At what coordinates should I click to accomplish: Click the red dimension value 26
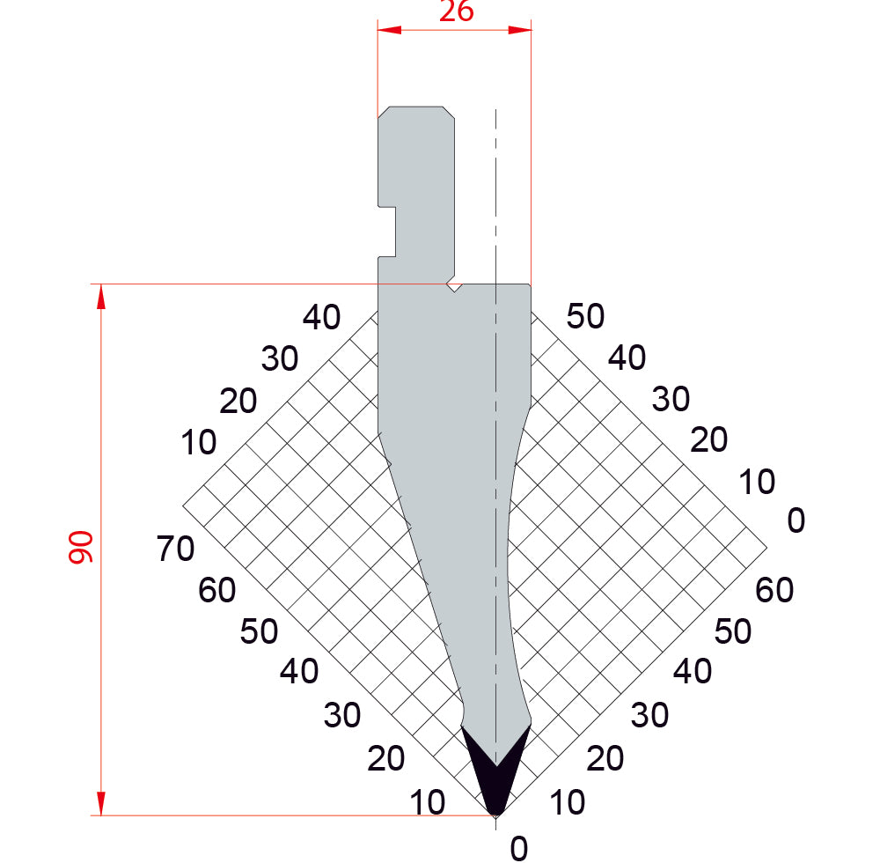[x=456, y=11]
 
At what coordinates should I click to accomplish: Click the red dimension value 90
[x=81, y=548]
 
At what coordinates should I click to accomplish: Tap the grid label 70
[x=176, y=549]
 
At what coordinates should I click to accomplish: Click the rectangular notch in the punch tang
[x=387, y=232]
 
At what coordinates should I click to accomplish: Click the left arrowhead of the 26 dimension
[x=390, y=29]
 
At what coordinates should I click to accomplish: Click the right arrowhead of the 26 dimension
[x=519, y=29]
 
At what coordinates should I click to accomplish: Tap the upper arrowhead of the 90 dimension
[x=101, y=297]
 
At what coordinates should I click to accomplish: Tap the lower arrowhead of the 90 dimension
[x=101, y=803]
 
